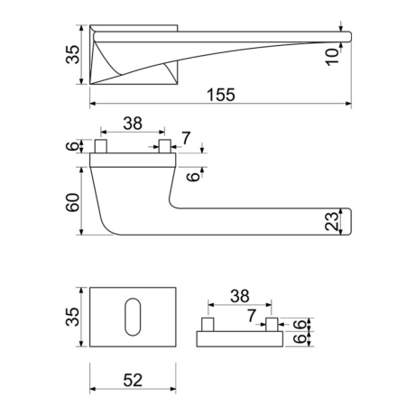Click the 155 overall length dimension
pyautogui.click(x=221, y=95)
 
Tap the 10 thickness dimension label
pyautogui.click(x=332, y=57)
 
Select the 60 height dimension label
pyautogui.click(x=73, y=202)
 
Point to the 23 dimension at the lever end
pyautogui.click(x=332, y=221)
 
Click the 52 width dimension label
pyautogui.click(x=133, y=380)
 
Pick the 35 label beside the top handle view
pyautogui.click(x=73, y=54)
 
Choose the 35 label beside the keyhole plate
pyautogui.click(x=73, y=317)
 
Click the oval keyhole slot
pyautogui.click(x=133, y=317)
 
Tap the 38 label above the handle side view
pyautogui.click(x=133, y=124)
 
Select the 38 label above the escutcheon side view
pyautogui.click(x=240, y=296)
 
